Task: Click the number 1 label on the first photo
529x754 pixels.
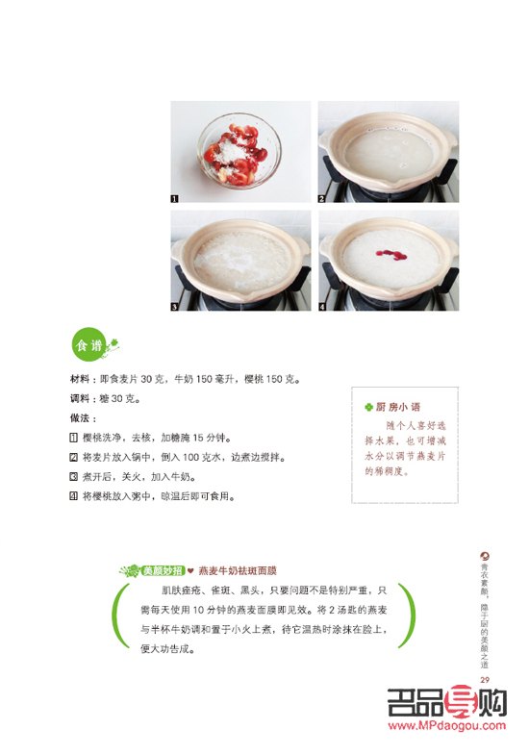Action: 175,198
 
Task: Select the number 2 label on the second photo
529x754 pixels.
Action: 323,198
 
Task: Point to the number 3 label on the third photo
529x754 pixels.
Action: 175,307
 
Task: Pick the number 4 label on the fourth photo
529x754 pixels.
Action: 323,307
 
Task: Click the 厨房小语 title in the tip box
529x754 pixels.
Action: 398,407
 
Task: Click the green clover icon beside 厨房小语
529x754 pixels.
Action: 368,407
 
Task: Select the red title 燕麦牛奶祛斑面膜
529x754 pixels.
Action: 238,569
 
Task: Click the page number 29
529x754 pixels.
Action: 485,679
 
